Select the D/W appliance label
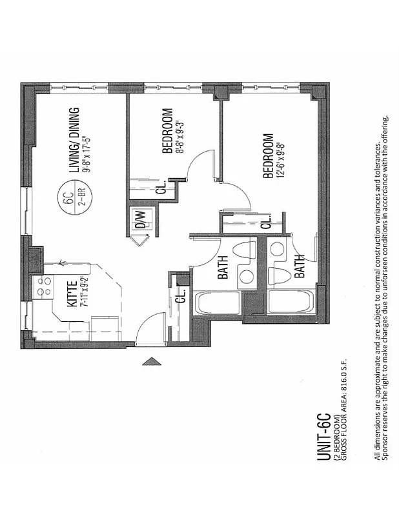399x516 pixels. pos(139,219)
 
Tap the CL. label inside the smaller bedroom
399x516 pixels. pos(162,187)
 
